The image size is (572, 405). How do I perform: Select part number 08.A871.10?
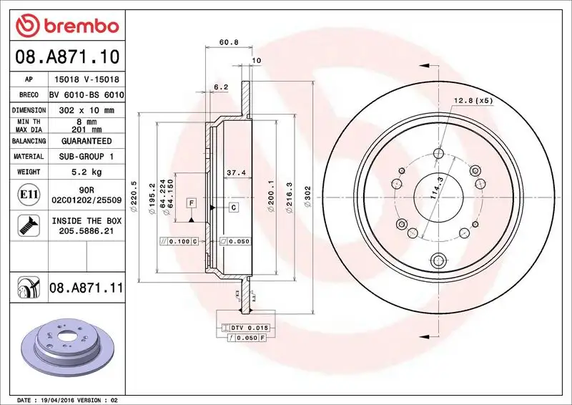(64, 57)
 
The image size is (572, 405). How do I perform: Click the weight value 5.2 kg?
(87, 172)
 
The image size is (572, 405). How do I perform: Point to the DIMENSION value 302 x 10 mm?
(87, 110)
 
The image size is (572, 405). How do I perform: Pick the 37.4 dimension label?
(236, 172)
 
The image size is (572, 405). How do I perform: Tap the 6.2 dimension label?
(221, 87)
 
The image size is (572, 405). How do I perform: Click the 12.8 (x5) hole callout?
(473, 101)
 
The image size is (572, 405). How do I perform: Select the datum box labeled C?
(233, 207)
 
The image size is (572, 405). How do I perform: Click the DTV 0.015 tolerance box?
(247, 327)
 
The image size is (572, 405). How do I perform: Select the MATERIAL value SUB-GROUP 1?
(87, 156)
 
